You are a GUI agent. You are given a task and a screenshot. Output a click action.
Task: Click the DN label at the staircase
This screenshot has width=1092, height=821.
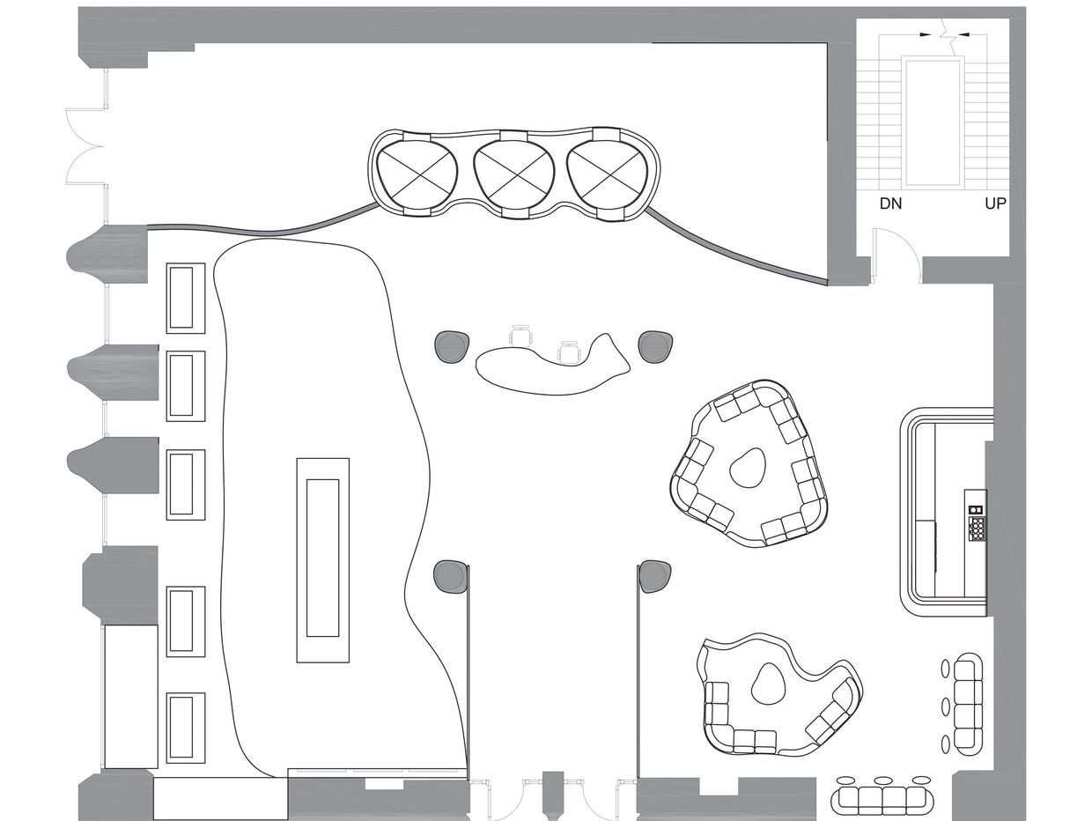pyautogui.click(x=890, y=203)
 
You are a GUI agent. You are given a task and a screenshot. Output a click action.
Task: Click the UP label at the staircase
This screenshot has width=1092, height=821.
pyautogui.click(x=995, y=203)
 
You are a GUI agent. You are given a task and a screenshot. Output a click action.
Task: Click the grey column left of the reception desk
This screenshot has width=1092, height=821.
pyautogui.click(x=451, y=346)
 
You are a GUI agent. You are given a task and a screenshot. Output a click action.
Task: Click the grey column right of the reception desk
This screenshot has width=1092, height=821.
pyautogui.click(x=657, y=346)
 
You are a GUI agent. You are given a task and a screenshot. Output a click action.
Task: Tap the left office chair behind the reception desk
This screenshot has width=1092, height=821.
pyautogui.click(x=520, y=335)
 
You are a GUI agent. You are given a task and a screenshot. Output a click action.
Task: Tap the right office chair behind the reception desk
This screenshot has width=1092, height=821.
pyautogui.click(x=570, y=352)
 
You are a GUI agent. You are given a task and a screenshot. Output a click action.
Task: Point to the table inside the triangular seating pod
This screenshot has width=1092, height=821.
pyautogui.click(x=749, y=469)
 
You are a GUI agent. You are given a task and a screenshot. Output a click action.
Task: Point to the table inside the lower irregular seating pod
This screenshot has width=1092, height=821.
pyautogui.click(x=769, y=684)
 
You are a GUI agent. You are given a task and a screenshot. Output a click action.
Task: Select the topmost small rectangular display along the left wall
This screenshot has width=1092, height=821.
pyautogui.click(x=186, y=298)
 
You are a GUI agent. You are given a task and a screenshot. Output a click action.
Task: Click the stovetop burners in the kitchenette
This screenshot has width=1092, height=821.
pyautogui.click(x=977, y=528)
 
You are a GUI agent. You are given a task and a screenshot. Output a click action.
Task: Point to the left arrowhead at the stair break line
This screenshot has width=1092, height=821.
pyautogui.click(x=926, y=35)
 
